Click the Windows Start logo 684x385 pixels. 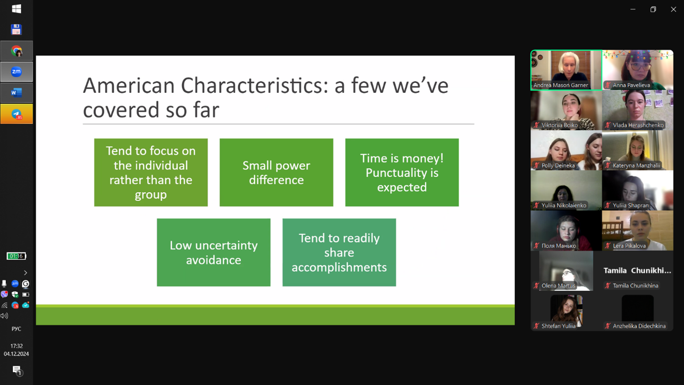(x=16, y=9)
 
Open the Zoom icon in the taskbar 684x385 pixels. (x=16, y=72)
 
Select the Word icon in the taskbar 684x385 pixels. (x=16, y=92)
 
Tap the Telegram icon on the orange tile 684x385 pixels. (x=16, y=114)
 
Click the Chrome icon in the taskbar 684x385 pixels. (x=16, y=51)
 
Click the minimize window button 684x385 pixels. (x=633, y=10)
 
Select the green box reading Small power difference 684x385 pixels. (x=276, y=172)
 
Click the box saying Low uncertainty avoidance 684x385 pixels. (x=214, y=252)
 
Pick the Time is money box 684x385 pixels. (x=402, y=172)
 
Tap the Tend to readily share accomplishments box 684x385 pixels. (x=339, y=252)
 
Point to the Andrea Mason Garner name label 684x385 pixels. (x=561, y=85)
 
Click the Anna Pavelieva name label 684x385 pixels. (x=631, y=85)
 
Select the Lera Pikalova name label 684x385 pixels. (x=629, y=246)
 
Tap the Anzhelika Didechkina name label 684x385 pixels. (x=639, y=326)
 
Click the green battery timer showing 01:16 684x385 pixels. (x=16, y=256)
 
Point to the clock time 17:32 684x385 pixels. (x=16, y=346)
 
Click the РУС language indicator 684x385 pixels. (x=16, y=329)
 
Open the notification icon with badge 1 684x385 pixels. (x=17, y=371)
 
